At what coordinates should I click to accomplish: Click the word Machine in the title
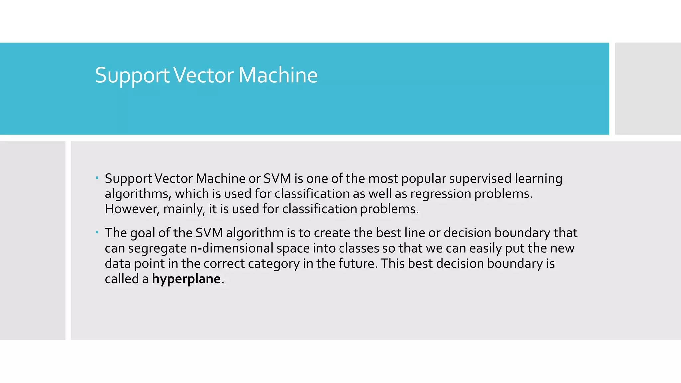pos(278,75)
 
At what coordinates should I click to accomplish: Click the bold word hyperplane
pos(186,279)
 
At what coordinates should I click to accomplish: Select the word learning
pos(538,179)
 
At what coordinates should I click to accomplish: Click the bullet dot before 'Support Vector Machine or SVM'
pos(97,178)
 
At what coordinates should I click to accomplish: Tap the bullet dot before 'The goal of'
pos(97,232)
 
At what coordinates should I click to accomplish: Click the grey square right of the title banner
pos(648,88)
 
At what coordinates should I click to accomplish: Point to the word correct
pos(224,264)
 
